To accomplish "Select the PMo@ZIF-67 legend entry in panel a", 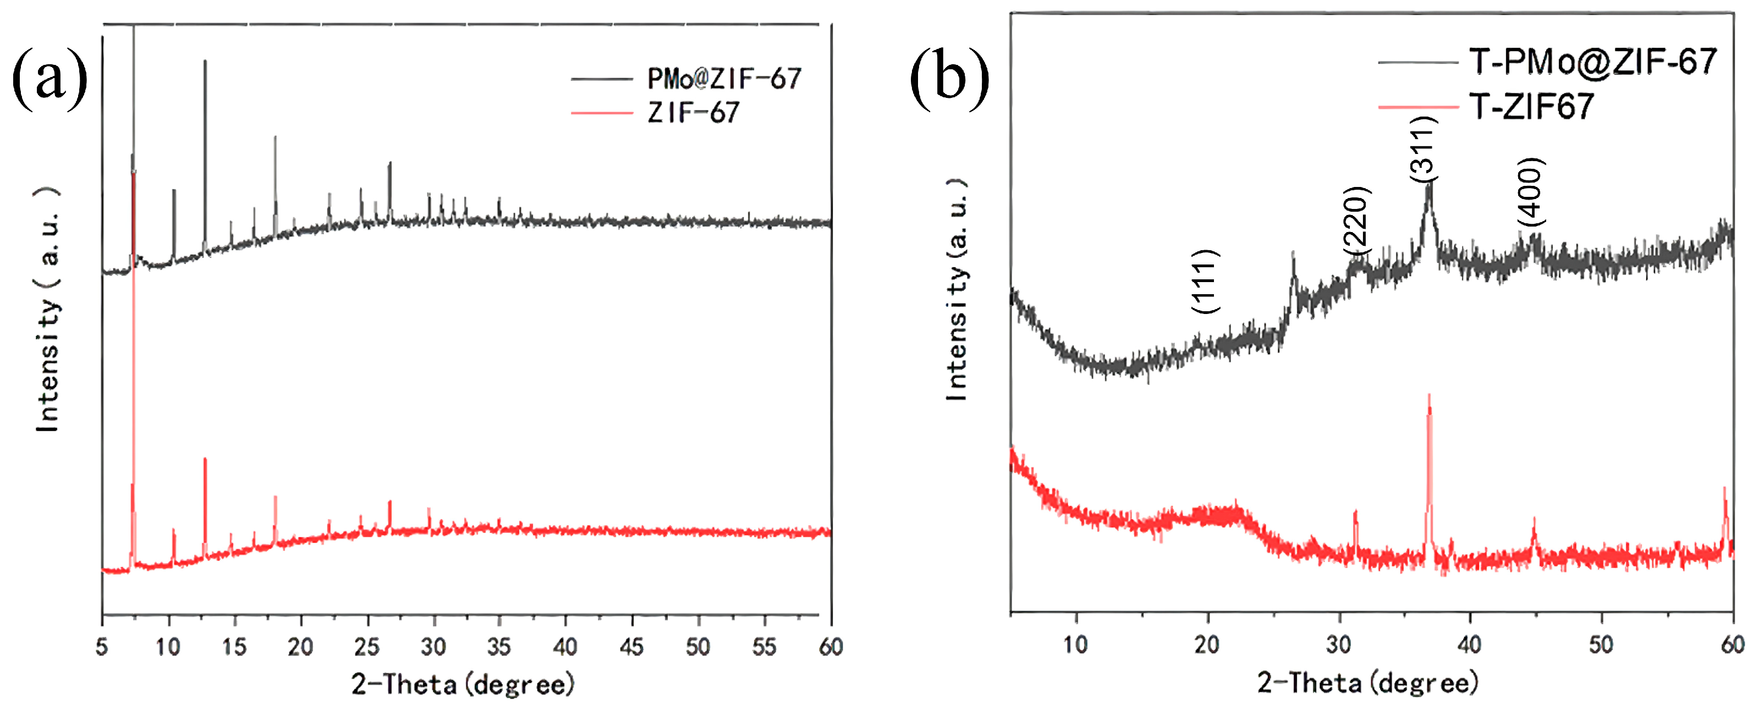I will point(723,79).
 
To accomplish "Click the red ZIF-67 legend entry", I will point(693,112).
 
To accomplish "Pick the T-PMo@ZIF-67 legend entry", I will point(1592,62).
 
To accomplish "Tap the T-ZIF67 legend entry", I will point(1531,106).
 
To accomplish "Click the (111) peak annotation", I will point(1205,281).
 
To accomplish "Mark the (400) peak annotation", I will point(1531,192).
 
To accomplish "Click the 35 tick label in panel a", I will point(499,646).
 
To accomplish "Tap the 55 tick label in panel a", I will point(764,646).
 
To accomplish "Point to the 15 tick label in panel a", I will point(234,646).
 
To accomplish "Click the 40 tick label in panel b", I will point(1469,644).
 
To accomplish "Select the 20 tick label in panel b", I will point(1207,644).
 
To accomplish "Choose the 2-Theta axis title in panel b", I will point(1368,682).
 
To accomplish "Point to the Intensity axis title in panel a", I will point(48,310).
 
